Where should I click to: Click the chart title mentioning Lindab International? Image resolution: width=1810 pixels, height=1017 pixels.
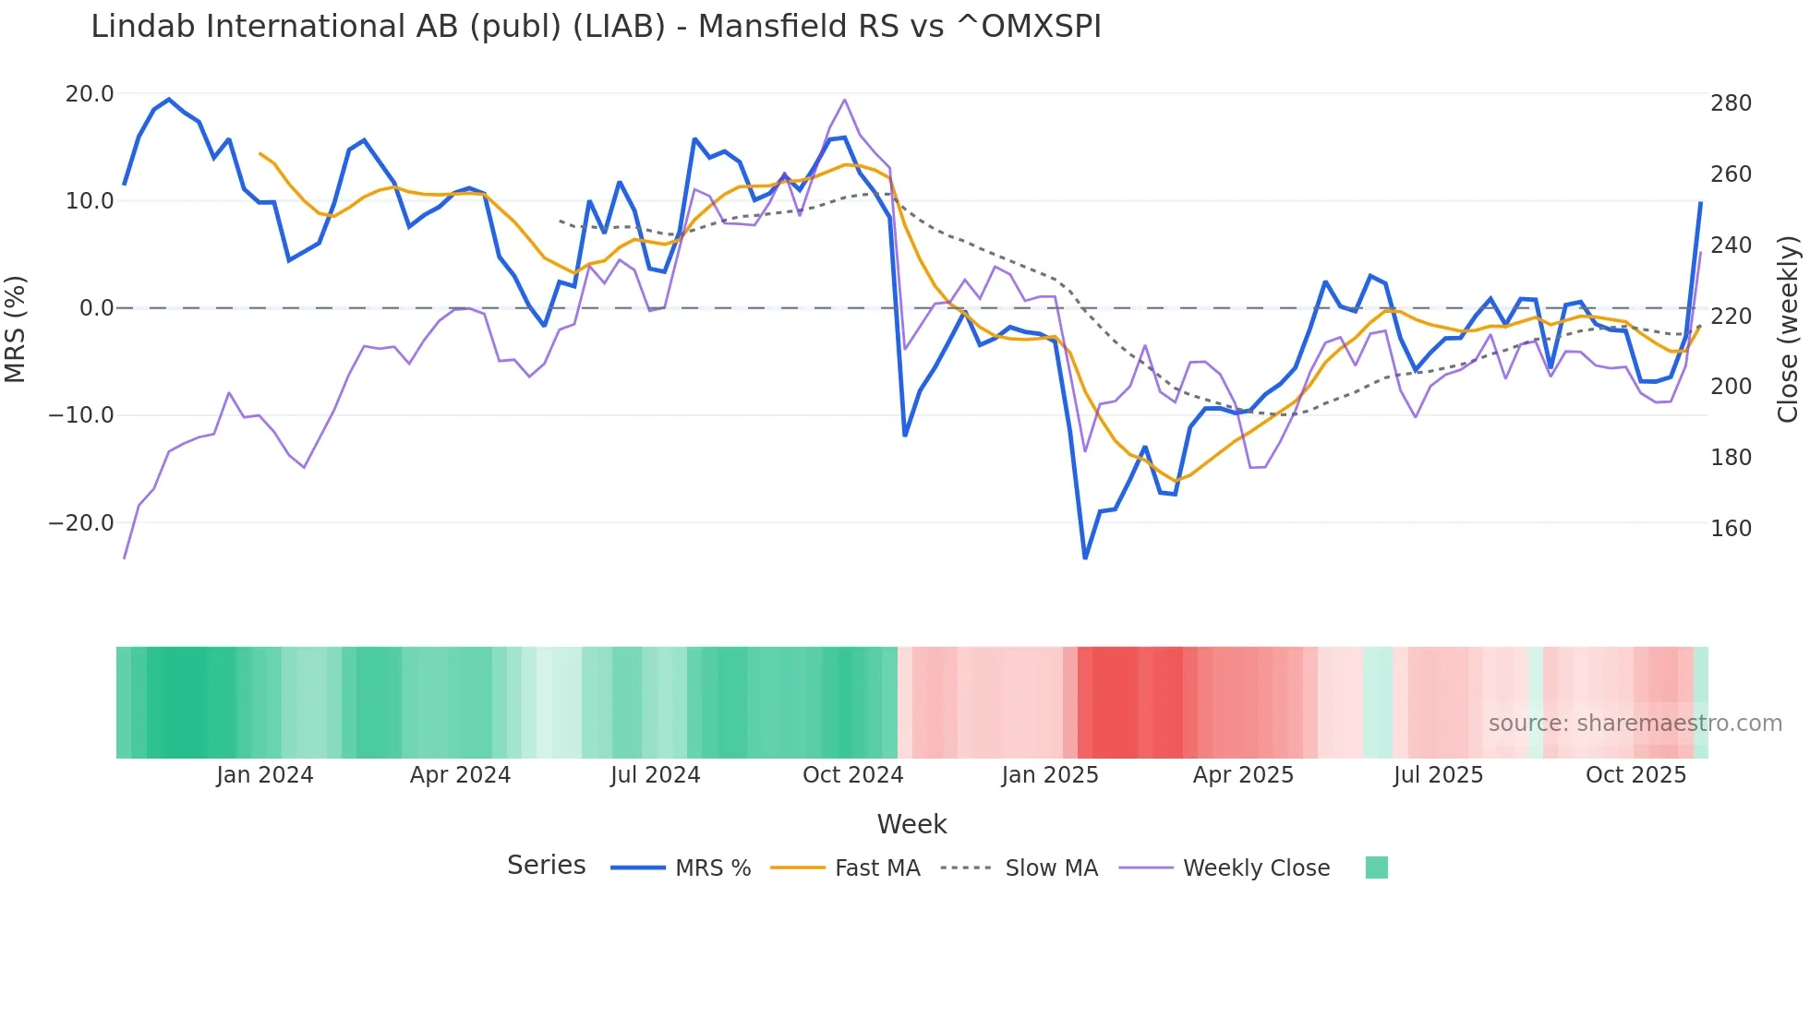pos(596,27)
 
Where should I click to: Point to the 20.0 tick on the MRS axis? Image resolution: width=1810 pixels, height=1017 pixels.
pos(90,94)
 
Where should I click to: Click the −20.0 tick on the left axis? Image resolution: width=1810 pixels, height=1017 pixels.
pos(81,523)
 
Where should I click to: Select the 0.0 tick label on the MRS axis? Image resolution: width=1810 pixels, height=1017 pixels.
pos(96,308)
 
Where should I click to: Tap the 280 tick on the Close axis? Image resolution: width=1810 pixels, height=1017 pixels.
pos(1731,103)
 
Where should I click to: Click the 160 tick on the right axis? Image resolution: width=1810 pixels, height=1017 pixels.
pos(1731,529)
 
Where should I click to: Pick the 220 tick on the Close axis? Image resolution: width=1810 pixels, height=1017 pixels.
pos(1731,317)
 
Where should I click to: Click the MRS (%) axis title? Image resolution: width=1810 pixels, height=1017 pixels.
pos(16,329)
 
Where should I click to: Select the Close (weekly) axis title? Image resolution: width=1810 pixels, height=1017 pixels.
pos(1788,329)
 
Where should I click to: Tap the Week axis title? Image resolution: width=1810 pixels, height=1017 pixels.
pos(911,824)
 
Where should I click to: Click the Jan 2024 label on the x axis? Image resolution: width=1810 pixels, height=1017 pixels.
pos(265,775)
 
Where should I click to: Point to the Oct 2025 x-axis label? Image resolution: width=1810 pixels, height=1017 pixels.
pos(1635,775)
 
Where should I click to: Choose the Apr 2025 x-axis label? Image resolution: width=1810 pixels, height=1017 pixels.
pos(1243,775)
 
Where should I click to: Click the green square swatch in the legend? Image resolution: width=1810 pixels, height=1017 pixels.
pos(1376,867)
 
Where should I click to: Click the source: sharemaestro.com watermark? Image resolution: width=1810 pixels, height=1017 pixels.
pos(1635,724)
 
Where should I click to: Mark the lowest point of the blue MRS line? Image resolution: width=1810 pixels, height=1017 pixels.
pos(1085,557)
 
